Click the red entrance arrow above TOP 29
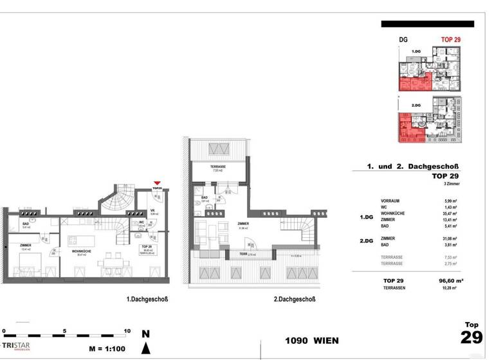pos(158,184)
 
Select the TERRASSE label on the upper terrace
pos(217,167)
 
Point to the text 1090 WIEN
pos(311,340)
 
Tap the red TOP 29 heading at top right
pos(450,39)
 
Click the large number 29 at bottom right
pos(471,338)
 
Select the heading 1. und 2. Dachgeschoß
pos(413,166)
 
